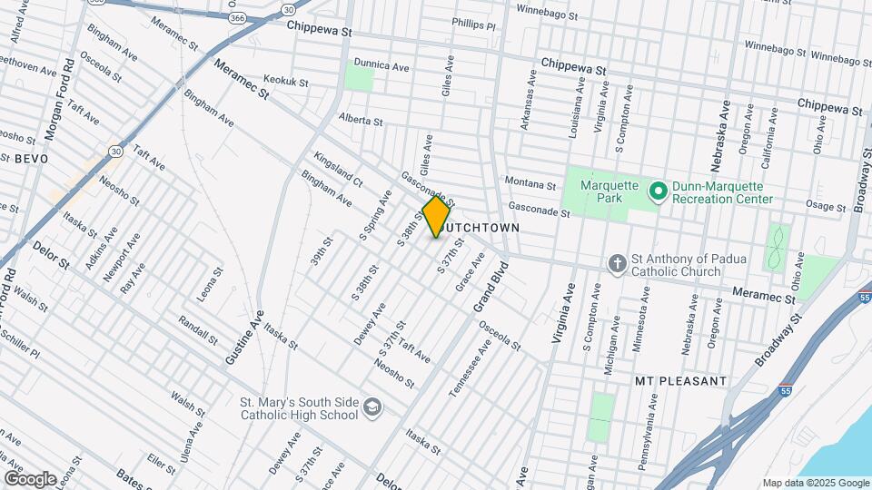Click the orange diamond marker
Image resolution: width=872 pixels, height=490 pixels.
coord(437,217)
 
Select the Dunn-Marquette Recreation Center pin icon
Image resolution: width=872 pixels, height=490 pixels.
coord(659,189)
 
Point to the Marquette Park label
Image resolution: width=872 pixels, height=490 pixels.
coord(609,188)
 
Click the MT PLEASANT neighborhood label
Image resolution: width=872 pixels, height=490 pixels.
coord(681,380)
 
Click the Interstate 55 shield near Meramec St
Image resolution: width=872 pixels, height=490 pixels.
coord(864,297)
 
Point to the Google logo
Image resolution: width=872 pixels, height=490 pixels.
coord(30,477)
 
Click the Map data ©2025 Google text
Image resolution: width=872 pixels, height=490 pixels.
coord(815,483)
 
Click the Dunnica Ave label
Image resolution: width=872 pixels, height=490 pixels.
coord(381,67)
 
